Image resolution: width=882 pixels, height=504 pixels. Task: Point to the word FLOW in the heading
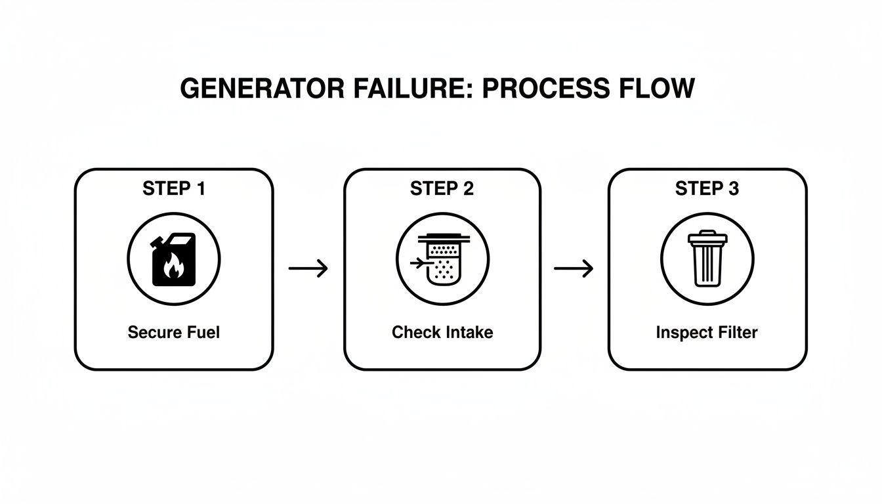[656, 88]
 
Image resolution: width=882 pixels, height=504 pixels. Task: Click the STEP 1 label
[174, 189]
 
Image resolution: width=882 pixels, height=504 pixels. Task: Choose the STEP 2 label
[442, 189]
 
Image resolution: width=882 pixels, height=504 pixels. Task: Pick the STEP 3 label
[707, 189]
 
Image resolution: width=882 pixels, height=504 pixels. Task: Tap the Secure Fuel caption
[174, 332]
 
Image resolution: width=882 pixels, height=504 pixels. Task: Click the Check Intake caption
[442, 332]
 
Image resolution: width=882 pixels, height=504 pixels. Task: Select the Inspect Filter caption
[707, 332]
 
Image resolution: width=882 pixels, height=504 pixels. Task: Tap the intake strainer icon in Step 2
[442, 260]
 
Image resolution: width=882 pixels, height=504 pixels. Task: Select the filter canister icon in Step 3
[707, 260]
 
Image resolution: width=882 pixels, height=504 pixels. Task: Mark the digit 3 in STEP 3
[734, 189]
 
